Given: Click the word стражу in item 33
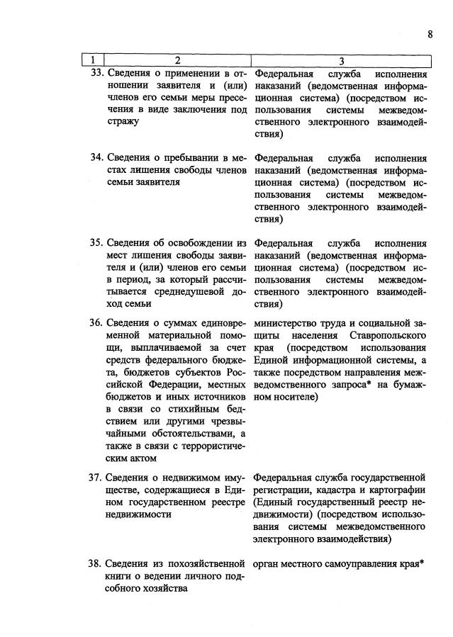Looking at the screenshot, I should (123, 121).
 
